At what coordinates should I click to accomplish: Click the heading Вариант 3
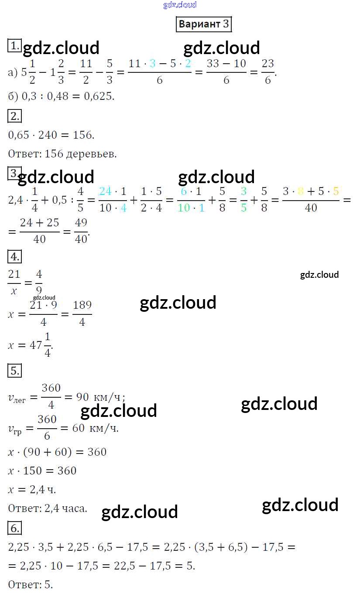point(203,24)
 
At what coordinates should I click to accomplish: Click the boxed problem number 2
point(14,116)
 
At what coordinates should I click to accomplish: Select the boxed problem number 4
point(14,257)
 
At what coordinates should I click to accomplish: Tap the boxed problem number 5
point(14,371)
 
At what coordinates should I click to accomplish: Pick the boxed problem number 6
point(14,529)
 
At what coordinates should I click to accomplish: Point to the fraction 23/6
point(267,72)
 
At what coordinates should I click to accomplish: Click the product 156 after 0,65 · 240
point(84,135)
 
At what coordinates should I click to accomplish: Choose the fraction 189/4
point(82,314)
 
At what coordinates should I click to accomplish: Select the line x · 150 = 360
point(42,471)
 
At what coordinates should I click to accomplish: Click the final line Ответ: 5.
point(31,584)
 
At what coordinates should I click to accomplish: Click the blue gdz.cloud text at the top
point(180,5)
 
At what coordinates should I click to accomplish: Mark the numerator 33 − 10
point(226,64)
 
